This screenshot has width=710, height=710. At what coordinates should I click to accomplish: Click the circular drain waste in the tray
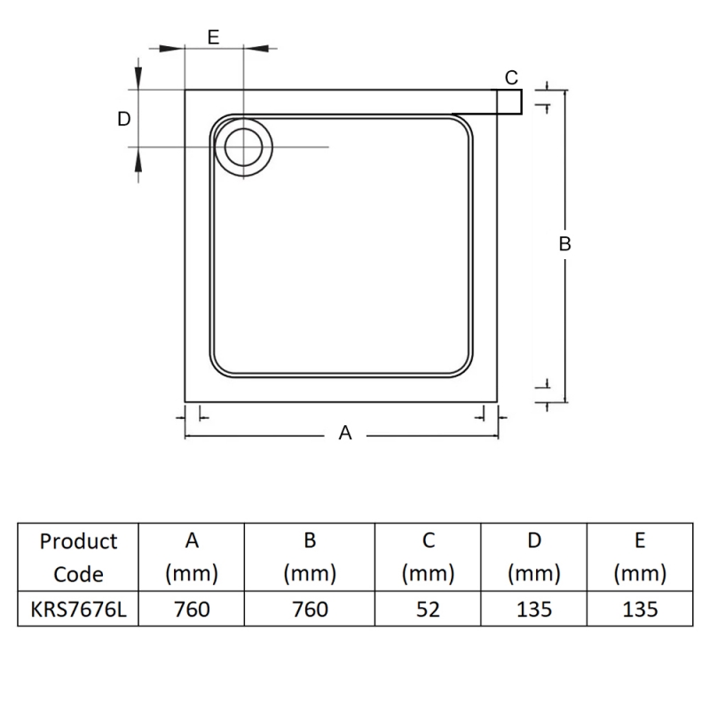pos(243,146)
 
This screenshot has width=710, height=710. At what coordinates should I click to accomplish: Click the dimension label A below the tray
pos(346,433)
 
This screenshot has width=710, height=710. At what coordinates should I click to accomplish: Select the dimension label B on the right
pos(564,244)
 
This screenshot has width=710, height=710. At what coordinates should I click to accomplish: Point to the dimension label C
pos(511,78)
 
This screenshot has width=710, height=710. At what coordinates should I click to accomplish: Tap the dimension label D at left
pos(124,119)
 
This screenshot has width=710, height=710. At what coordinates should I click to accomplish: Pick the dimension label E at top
pos(213,36)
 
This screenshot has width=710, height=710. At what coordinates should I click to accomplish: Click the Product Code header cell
pos(78,557)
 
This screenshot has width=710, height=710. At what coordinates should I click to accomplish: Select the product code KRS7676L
pos(78,610)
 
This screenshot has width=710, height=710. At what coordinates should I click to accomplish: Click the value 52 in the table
pos(428,610)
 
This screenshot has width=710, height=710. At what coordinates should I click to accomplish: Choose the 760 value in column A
pos(192,610)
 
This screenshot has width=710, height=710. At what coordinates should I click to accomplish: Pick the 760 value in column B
pos(310,610)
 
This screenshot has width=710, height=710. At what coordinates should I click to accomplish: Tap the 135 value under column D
pos(533,610)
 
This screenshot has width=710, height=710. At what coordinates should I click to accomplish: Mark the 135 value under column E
pos(639,610)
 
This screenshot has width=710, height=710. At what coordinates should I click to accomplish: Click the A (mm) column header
pos(192,557)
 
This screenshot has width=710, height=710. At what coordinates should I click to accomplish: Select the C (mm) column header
pos(428,557)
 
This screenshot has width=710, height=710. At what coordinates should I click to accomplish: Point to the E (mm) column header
pos(639,557)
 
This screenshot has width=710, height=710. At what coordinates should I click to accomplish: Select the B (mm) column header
pos(310,557)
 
